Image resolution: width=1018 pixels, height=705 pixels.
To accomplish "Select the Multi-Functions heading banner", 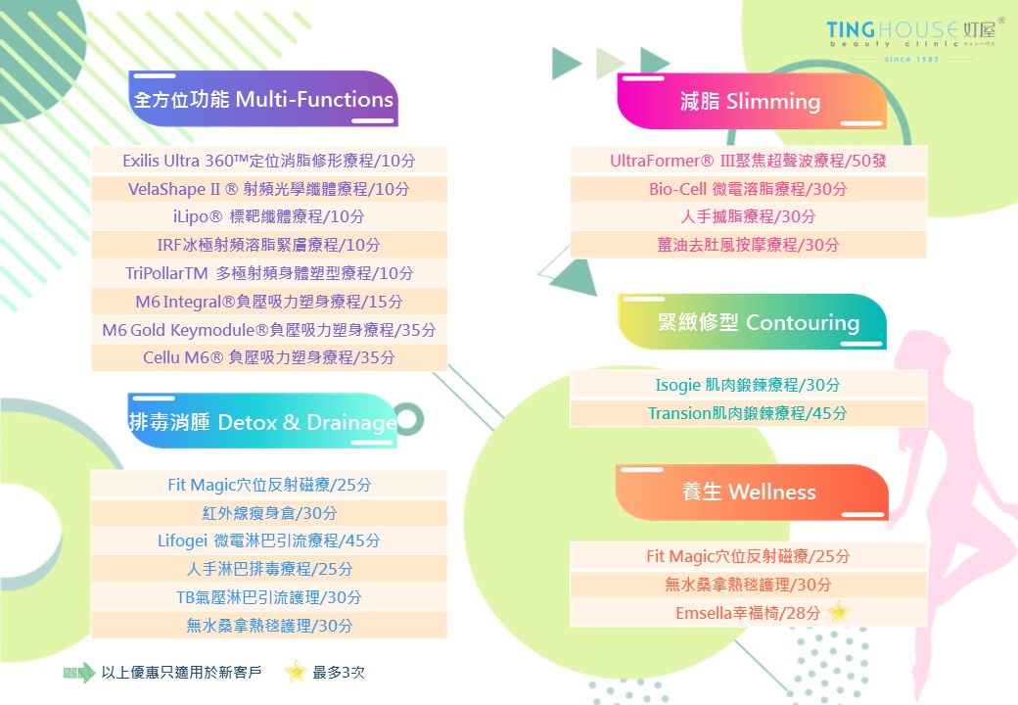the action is click(x=263, y=99).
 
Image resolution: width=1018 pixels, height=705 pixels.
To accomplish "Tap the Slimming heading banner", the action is click(x=751, y=101).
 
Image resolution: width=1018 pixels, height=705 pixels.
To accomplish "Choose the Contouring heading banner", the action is click(x=752, y=321).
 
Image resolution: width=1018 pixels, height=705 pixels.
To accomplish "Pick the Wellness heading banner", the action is click(x=752, y=492).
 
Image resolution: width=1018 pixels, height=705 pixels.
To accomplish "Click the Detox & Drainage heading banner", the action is click(x=262, y=421).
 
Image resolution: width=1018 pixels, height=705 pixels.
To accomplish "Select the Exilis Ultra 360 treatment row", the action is click(x=269, y=161).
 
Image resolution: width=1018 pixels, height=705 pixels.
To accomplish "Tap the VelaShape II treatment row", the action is click(x=269, y=189).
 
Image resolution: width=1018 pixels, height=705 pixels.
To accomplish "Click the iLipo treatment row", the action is click(x=269, y=216).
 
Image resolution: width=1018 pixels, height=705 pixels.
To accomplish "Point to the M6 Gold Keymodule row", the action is click(x=269, y=330).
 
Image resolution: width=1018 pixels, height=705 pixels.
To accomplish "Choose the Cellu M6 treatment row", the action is click(x=269, y=357).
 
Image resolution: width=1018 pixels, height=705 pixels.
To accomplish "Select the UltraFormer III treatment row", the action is click(x=748, y=161).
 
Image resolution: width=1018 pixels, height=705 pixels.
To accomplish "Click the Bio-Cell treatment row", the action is click(x=748, y=189).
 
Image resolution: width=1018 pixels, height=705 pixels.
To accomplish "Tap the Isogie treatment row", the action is click(x=748, y=385).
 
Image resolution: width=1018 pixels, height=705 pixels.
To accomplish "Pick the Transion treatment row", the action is click(x=748, y=413).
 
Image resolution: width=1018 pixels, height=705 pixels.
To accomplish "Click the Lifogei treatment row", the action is click(x=269, y=540).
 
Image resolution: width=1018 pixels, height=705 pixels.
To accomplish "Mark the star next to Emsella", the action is click(x=839, y=612).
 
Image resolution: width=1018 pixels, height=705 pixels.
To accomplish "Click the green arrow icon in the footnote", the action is click(x=79, y=673).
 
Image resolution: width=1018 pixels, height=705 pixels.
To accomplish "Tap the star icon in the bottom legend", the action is click(x=296, y=672).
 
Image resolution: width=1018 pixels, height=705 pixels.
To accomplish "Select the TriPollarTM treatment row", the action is click(x=269, y=273).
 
